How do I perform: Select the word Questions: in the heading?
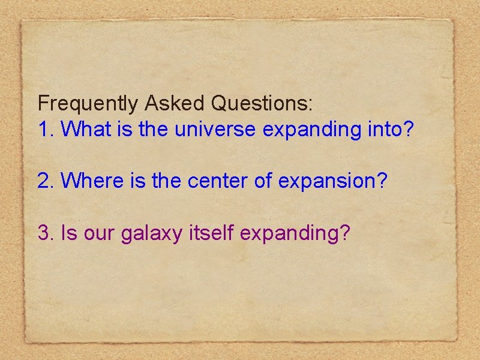pyautogui.click(x=262, y=104)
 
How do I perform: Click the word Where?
pyautogui.click(x=92, y=179)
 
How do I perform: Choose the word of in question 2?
pyautogui.click(x=263, y=179)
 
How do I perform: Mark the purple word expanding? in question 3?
pyautogui.click(x=295, y=233)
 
